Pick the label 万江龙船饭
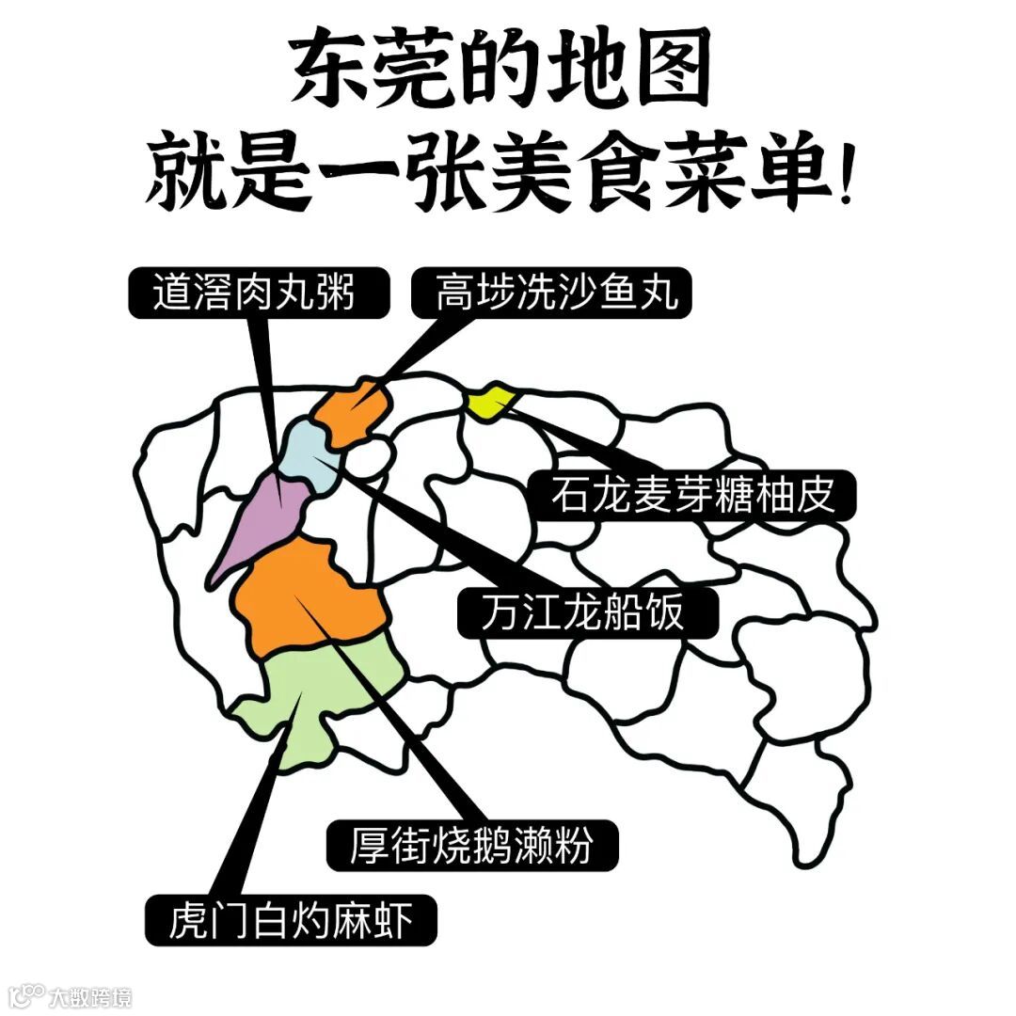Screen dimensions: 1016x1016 tap(585, 613)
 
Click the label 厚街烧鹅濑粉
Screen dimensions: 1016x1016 tap(471, 844)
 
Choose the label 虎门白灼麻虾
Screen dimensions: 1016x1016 tap(291, 919)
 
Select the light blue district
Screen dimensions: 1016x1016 tap(310, 455)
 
